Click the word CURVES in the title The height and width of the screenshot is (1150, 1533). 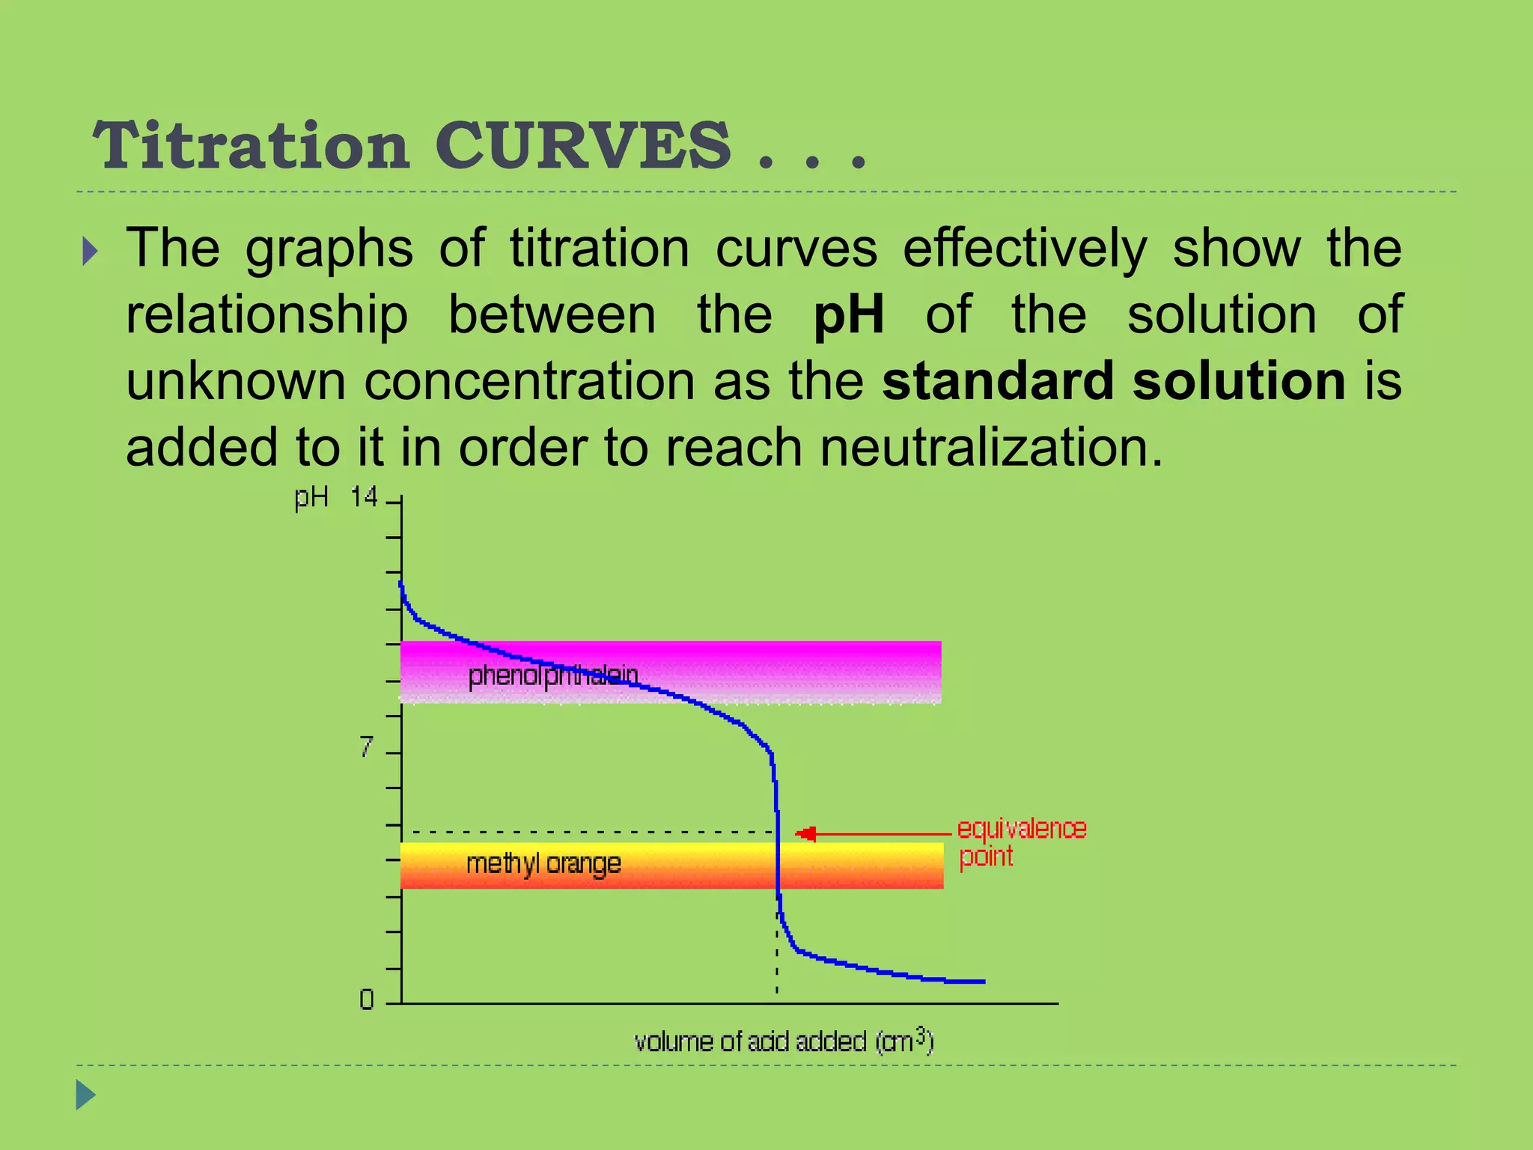[x=582, y=145]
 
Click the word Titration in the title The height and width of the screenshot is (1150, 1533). [x=252, y=145]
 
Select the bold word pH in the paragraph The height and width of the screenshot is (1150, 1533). [x=848, y=314]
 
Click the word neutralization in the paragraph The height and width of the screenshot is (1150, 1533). [x=991, y=448]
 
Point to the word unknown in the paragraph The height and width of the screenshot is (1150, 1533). [x=235, y=381]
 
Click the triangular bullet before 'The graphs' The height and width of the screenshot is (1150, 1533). [x=90, y=252]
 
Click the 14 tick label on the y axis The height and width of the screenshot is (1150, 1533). [x=364, y=497]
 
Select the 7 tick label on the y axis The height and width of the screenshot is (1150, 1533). [x=365, y=747]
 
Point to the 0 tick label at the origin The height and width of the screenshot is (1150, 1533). [x=366, y=1000]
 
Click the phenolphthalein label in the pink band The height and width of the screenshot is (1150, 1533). [x=552, y=675]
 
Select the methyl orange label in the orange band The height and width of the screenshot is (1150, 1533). [x=543, y=864]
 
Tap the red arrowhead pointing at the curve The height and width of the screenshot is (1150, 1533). [x=805, y=834]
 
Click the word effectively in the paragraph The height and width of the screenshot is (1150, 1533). [x=1024, y=249]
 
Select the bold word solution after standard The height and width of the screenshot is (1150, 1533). [x=1239, y=381]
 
